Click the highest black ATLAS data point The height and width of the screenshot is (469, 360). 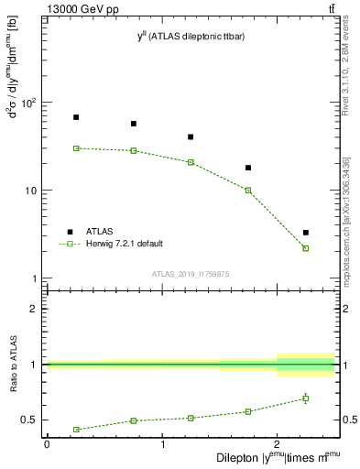(x=76, y=117)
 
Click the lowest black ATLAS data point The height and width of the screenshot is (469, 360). (x=306, y=233)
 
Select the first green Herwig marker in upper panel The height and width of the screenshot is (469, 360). (x=76, y=147)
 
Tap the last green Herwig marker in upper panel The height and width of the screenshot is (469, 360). (x=306, y=248)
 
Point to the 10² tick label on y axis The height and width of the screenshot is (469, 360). (x=33, y=103)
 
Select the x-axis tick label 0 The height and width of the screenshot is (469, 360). (x=47, y=445)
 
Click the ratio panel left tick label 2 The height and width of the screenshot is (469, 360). (x=35, y=309)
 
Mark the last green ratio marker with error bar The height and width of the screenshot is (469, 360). (x=306, y=398)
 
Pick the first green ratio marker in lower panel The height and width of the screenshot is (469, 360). (x=76, y=430)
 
